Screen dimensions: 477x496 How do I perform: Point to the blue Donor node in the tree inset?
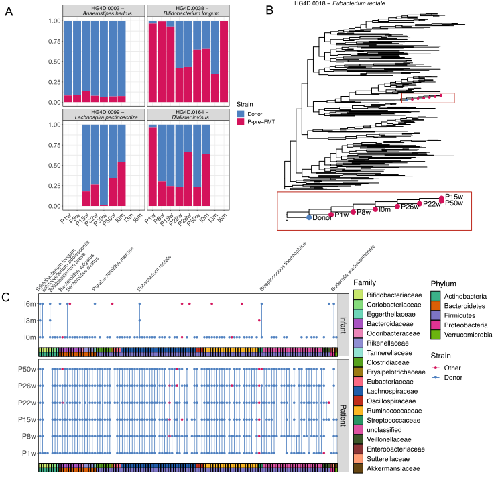coord(309,217)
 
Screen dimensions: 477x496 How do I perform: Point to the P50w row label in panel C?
coord(26,369)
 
